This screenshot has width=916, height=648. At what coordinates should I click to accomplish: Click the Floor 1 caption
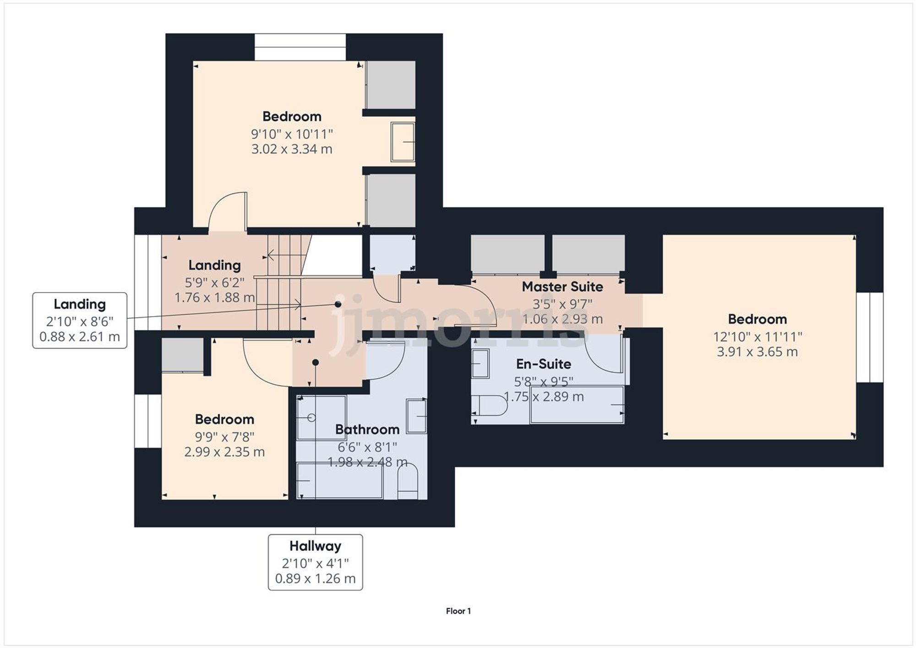pos(458,611)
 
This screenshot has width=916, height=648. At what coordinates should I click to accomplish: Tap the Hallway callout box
pos(315,562)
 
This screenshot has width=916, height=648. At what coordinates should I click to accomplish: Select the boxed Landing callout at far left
pos(80,321)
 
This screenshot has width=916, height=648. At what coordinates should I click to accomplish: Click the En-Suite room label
pos(543,364)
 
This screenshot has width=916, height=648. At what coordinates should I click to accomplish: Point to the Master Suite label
pos(562,287)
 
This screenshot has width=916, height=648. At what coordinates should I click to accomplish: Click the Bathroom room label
pos(367,430)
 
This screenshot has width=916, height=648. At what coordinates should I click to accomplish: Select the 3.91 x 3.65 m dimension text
pos(757,352)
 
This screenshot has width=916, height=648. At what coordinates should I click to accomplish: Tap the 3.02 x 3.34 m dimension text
pos(291,149)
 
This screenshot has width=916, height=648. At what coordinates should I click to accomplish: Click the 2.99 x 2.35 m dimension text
pos(224,452)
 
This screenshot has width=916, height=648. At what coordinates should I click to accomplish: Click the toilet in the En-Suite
pos(490,405)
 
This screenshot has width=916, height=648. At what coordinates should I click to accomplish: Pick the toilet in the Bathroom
pos(407,482)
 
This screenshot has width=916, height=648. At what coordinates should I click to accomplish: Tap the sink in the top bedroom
pos(403,142)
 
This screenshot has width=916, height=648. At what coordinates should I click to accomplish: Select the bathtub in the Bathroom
pos(339,480)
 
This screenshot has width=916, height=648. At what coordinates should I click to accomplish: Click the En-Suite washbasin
pos(480,363)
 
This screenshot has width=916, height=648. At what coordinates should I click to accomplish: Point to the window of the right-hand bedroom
pos(869,338)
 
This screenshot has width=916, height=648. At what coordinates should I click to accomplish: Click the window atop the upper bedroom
pos(300,47)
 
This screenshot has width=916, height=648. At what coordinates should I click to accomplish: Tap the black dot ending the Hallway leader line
pos(315,362)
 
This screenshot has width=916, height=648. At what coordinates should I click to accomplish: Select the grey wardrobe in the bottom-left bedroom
pos(182,355)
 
